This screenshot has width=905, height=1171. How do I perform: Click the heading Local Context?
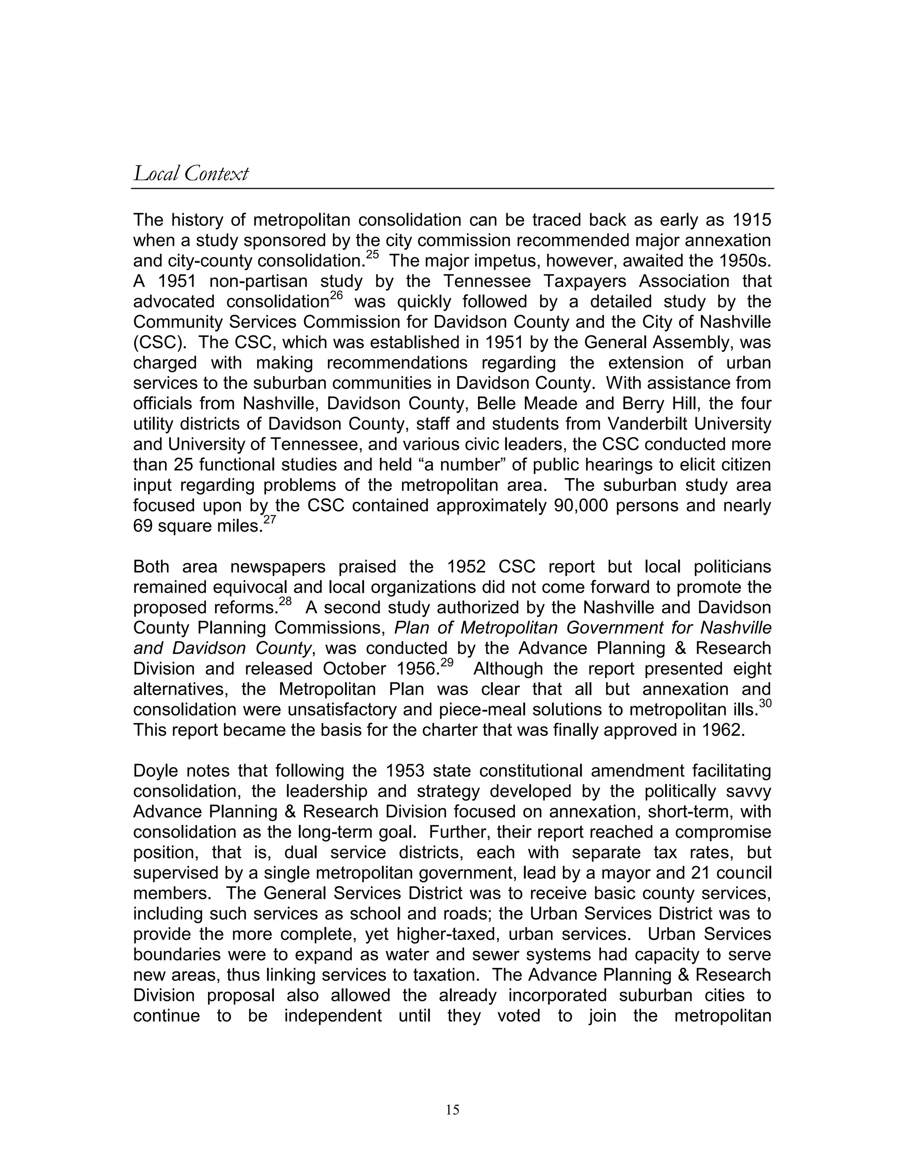(x=191, y=174)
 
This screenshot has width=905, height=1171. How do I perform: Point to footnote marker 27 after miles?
(x=269, y=520)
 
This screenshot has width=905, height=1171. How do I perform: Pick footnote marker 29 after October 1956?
(x=447, y=662)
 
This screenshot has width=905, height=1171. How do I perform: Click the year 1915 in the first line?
(x=751, y=220)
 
